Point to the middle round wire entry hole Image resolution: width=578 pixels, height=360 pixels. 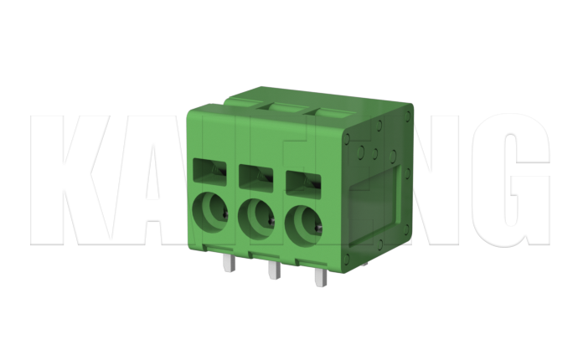pos(256,219)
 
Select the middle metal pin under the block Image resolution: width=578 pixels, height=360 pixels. pos(271,270)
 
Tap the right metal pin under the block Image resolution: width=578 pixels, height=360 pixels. pos(318,275)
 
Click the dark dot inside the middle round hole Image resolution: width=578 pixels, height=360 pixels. pos(271,222)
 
